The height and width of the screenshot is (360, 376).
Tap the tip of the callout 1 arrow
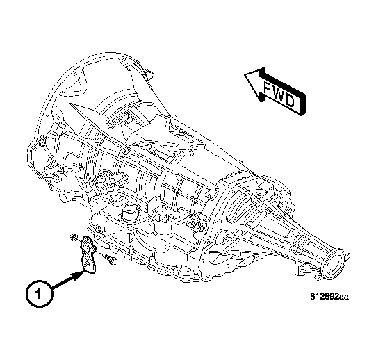click(x=83, y=270)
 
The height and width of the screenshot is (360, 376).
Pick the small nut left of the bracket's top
click(x=72, y=239)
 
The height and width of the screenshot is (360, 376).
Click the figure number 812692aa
click(x=328, y=297)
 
